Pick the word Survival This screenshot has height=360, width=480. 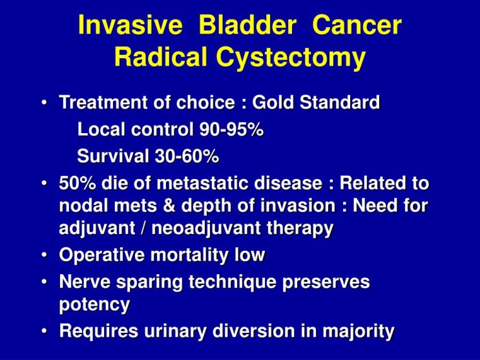click(x=113, y=156)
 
